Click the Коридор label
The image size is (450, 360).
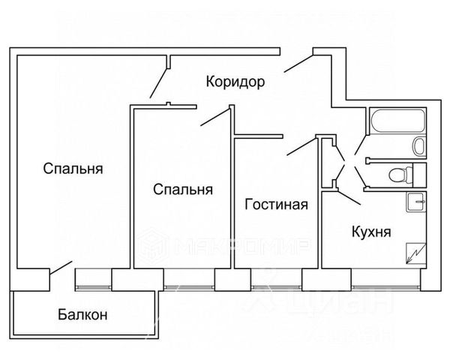point(235,82)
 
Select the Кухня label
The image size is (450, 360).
point(370,232)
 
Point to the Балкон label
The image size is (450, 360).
point(82,315)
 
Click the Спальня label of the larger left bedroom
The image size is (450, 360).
point(73,168)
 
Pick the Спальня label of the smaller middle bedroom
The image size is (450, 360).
point(182,190)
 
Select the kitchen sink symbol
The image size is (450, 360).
point(416,202)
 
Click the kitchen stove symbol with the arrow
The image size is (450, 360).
point(413,254)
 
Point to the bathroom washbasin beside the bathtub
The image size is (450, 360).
point(421,145)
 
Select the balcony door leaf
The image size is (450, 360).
point(61,266)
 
